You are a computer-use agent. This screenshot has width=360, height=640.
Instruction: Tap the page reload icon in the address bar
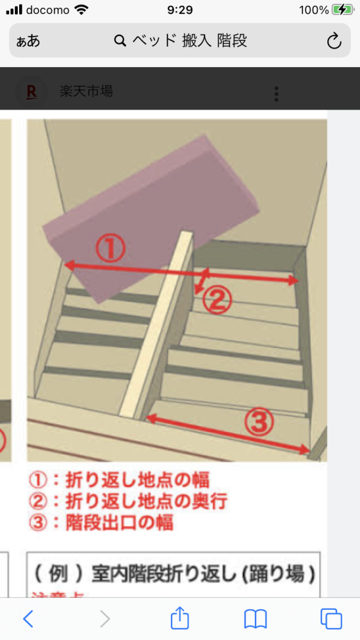(334, 42)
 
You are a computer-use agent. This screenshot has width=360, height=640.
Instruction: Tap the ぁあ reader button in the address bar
(28, 42)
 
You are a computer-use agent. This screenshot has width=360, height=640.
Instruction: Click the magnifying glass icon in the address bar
(120, 42)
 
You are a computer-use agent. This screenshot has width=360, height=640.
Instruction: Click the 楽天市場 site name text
(86, 92)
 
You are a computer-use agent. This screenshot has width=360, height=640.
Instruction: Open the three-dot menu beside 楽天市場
(276, 94)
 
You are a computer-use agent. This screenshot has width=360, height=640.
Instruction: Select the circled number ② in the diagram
(217, 300)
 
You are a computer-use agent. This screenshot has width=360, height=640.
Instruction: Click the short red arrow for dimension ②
(202, 283)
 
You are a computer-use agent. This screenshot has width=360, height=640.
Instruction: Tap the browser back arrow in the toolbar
(28, 618)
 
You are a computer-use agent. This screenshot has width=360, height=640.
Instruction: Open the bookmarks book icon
(255, 618)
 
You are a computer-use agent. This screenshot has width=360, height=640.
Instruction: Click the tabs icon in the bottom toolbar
(331, 618)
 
